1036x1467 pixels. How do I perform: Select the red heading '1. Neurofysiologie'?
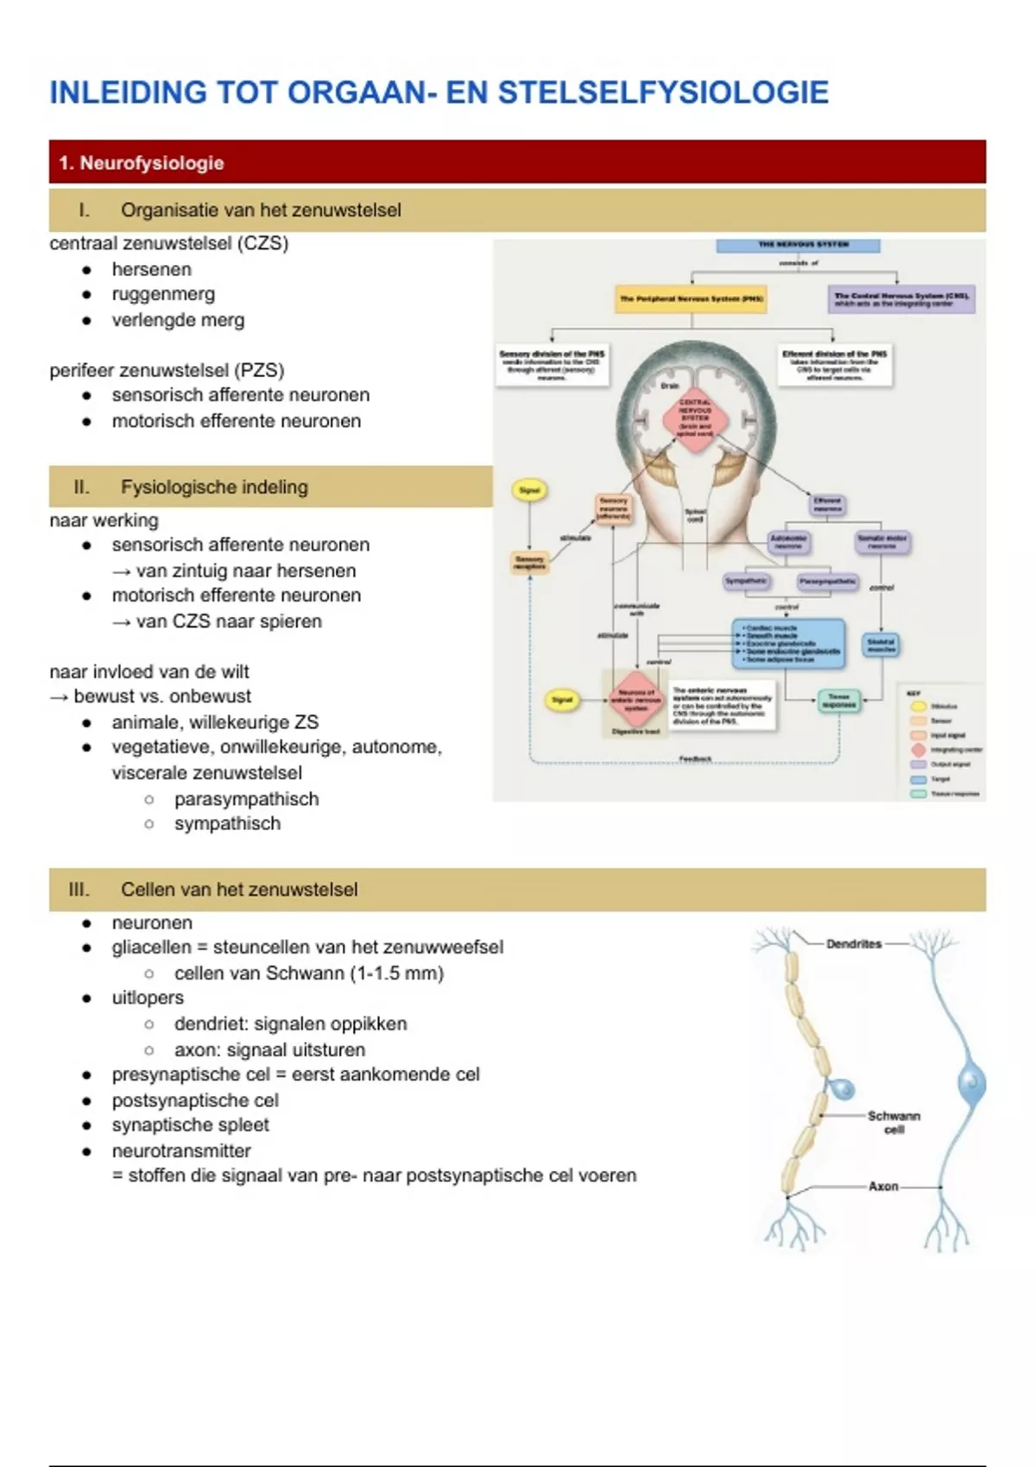pos(142,163)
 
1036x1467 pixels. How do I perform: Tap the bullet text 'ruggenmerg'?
pos(163,294)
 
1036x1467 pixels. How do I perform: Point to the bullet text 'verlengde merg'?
pos(178,320)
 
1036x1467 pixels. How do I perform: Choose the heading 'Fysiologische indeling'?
pos(214,487)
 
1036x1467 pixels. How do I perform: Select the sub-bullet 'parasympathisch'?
pos(246,799)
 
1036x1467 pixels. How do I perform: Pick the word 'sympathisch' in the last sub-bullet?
pos(227,823)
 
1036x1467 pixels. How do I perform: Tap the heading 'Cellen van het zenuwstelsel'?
pos(239,890)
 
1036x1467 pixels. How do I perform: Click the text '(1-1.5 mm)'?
pos(397,973)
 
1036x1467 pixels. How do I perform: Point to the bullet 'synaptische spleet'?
pos(190,1125)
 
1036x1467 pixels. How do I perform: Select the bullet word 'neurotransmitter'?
pos(181,1151)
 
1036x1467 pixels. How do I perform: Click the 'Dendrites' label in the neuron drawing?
pos(854,944)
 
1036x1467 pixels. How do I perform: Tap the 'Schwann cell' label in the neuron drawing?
pos(894,1122)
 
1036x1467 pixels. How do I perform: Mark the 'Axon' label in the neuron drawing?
pos(883,1187)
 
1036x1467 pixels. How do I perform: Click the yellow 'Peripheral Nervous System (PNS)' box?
pos(692,299)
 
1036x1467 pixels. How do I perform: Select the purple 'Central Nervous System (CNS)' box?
pos(901,299)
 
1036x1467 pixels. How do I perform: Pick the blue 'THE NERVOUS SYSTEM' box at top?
pos(798,245)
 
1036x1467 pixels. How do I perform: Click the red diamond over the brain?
pos(695,419)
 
